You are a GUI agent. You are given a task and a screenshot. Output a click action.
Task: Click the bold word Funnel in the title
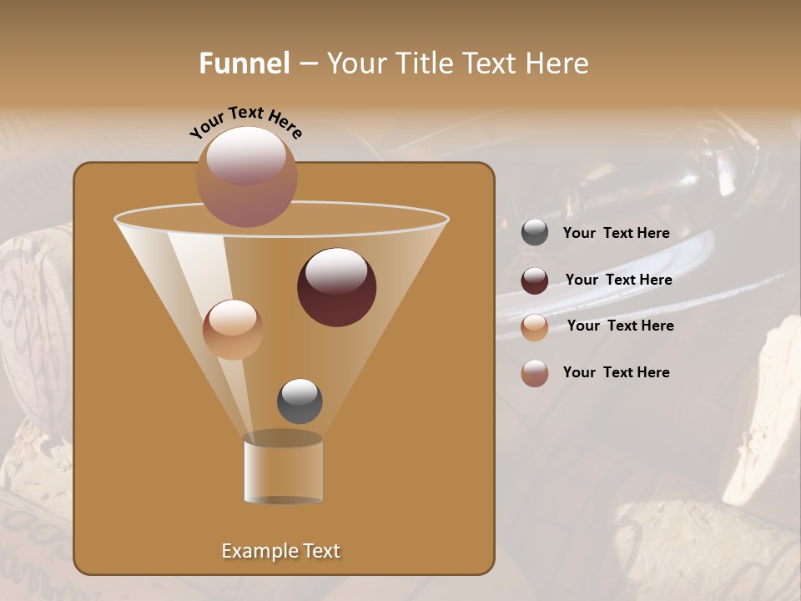tap(244, 63)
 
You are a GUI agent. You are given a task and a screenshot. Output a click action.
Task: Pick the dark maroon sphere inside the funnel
tap(336, 287)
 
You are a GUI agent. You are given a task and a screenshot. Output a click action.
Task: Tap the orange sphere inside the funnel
tap(233, 329)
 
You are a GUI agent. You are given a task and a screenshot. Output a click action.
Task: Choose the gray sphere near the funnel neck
tap(300, 401)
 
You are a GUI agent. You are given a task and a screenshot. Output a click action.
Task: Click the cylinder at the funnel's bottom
tap(283, 471)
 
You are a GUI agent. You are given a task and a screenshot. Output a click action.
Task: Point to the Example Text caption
tap(281, 551)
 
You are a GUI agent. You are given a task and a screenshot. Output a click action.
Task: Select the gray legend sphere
tap(535, 233)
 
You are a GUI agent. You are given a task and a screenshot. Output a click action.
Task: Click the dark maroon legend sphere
tap(535, 280)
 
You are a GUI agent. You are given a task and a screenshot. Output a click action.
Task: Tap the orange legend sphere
tap(535, 327)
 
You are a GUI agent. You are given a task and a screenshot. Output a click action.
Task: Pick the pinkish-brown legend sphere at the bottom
tap(535, 373)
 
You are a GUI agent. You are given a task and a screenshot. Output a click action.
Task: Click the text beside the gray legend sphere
tap(617, 234)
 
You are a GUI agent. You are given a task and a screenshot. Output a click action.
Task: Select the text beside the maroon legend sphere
tap(619, 280)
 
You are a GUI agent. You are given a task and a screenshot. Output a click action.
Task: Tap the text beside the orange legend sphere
tap(621, 326)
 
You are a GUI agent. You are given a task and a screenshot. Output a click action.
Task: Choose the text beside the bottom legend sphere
tap(617, 372)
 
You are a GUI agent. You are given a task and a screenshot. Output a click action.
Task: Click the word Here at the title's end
tap(557, 63)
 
